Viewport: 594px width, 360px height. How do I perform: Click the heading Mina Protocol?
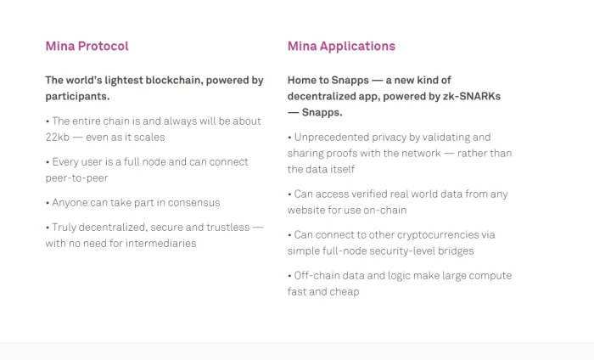87,46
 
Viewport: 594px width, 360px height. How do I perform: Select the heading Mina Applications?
341,46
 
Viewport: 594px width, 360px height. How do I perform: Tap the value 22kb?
58,138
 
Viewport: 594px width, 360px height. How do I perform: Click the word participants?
77,97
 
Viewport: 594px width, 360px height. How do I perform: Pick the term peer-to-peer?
77,178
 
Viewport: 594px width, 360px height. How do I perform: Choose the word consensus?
194,203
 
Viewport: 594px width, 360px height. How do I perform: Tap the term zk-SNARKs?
472,96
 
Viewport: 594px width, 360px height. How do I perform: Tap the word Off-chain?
317,275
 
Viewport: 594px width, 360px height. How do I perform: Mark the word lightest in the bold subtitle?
124,81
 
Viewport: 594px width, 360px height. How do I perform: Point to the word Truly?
64,228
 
